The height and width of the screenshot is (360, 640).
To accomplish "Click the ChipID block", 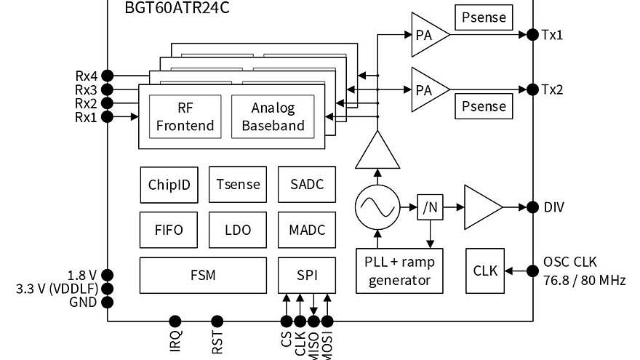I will pos(169,185).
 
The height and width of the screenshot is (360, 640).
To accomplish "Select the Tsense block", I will pos(238,185).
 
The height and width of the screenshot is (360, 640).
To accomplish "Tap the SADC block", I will pos(307,185).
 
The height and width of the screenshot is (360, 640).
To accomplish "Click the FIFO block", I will pos(169,231).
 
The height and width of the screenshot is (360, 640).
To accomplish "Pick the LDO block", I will pos(238,231).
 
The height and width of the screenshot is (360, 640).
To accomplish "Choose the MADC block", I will pos(307,231).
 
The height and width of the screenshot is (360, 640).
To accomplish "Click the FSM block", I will pos(203,276).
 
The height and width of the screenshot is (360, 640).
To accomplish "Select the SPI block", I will pos(307,276).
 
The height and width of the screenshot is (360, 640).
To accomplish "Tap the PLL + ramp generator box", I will pos(399,271).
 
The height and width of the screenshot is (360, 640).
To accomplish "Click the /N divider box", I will pos(429,207).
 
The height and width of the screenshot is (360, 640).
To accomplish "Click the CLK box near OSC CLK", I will pos(485,271).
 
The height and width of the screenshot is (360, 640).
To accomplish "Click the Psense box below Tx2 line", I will pos(484,107).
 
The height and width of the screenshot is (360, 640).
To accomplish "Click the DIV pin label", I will pos(554,207).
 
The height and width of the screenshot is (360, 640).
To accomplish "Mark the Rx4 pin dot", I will pos(107,75).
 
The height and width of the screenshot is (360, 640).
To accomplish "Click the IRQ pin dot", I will pos(175,320).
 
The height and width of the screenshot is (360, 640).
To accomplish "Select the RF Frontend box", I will pos(185,116).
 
